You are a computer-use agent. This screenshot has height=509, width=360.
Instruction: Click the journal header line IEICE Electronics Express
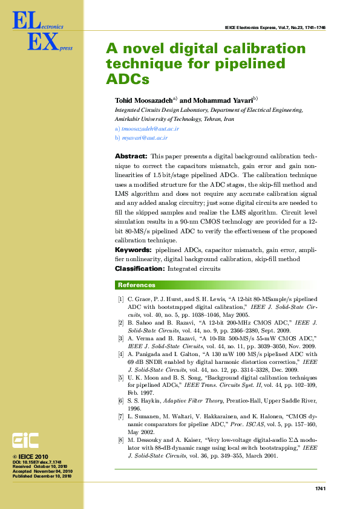[x=275, y=28]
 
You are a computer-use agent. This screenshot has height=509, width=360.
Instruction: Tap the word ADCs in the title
[x=127, y=79]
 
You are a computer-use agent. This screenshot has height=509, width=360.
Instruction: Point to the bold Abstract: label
[x=131, y=157]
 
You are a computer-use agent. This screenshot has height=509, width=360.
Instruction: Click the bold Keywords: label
[x=133, y=250]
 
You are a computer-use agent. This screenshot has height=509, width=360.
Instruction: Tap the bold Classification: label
[x=139, y=268]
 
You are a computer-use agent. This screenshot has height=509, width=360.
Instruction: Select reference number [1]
[x=121, y=299]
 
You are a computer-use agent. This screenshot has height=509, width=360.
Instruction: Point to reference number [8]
[x=121, y=441]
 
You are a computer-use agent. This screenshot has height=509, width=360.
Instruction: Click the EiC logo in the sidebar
[x=27, y=439]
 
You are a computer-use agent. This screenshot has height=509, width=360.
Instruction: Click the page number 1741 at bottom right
[x=321, y=488]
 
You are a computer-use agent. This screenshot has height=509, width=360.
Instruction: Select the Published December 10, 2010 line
[x=42, y=476]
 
